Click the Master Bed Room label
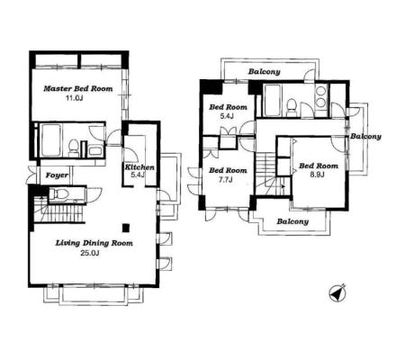click(x=78, y=89)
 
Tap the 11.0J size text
click(x=74, y=98)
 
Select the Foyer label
click(x=57, y=175)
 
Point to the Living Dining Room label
click(x=94, y=243)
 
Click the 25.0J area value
click(x=90, y=253)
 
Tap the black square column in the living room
click(x=126, y=228)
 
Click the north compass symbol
click(x=337, y=292)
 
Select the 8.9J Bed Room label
click(x=319, y=166)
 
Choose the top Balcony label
click(x=265, y=72)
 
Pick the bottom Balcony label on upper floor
click(x=292, y=221)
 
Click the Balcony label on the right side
click(x=365, y=137)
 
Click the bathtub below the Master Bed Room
click(x=50, y=140)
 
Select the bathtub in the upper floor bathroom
click(x=273, y=100)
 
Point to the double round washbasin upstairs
click(x=320, y=96)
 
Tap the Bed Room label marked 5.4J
click(x=229, y=107)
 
